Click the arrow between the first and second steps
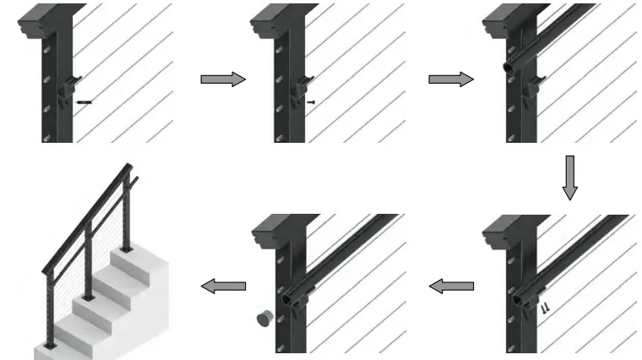(x=222, y=79)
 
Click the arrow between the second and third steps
(x=451, y=79)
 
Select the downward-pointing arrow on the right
(x=569, y=177)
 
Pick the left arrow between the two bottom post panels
(x=451, y=286)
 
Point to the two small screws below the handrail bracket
(x=545, y=309)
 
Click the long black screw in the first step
(x=84, y=102)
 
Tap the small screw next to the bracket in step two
(x=313, y=101)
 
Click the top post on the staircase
(x=128, y=211)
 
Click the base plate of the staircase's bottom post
(x=48, y=346)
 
